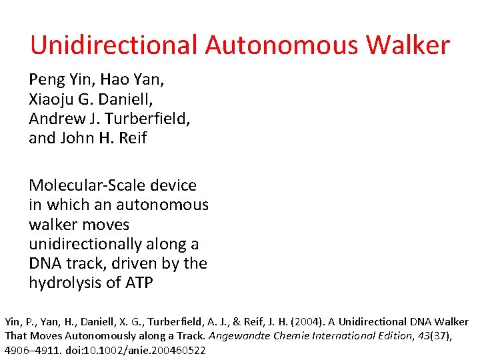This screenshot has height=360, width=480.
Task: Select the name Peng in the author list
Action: [x=47, y=81]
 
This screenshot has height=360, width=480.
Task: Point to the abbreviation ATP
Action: [x=139, y=283]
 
